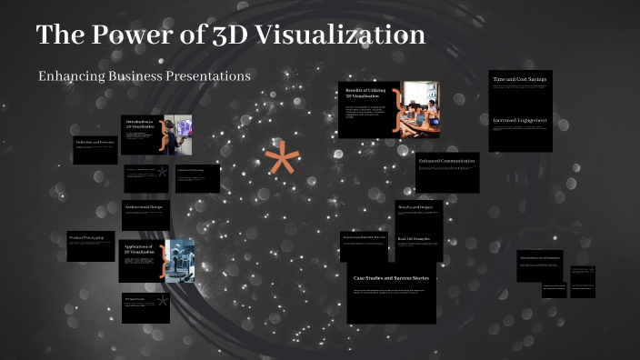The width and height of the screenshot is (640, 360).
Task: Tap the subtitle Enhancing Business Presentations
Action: pos(144,75)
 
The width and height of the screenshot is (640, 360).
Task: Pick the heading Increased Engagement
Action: pos(519,120)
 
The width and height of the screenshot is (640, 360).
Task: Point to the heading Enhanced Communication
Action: pos(446,161)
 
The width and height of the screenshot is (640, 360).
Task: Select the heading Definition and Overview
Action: pos(95,143)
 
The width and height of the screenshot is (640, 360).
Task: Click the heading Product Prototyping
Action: pos(86,237)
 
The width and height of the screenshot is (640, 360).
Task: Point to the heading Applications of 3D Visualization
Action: pos(139,249)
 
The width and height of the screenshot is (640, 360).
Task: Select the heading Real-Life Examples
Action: pos(414,239)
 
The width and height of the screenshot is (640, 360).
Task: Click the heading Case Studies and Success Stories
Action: pos(391,277)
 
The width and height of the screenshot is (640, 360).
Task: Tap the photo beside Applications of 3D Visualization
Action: pos(180,260)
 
